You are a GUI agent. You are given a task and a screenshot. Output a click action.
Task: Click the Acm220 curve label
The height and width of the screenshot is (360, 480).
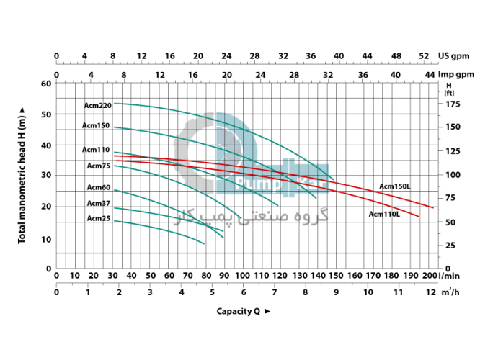97,106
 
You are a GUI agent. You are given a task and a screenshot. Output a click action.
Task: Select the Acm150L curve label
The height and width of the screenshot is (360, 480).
395,186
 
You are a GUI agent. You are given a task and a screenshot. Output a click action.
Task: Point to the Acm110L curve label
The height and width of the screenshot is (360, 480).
384,214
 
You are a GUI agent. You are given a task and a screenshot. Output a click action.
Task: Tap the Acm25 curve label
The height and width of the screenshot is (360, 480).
99,218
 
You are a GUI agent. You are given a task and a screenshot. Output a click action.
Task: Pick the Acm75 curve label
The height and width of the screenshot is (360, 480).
99,166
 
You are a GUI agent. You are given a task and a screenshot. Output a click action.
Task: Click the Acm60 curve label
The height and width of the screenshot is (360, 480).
99,188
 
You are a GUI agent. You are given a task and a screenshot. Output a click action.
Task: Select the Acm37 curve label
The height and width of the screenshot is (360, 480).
99,204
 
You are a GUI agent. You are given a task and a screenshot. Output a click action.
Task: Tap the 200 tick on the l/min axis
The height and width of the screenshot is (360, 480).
431,275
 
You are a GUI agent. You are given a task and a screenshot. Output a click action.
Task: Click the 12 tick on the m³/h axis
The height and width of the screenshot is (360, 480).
431,292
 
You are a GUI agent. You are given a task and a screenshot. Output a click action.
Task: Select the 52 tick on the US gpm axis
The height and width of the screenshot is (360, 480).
424,56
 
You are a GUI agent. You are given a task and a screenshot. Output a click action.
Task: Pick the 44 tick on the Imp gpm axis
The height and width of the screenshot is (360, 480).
430,74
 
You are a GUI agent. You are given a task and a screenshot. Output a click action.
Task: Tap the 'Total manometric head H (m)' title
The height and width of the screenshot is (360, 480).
22,174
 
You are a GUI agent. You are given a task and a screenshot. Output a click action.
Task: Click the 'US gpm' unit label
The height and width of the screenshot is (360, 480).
457,56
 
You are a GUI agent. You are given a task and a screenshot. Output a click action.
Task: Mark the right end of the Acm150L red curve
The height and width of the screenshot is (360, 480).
433,207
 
